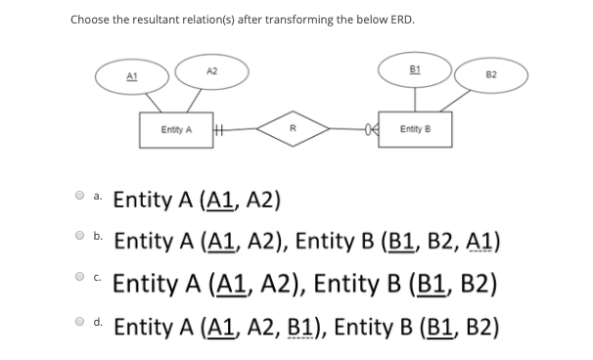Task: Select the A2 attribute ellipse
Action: pos(211,69)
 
